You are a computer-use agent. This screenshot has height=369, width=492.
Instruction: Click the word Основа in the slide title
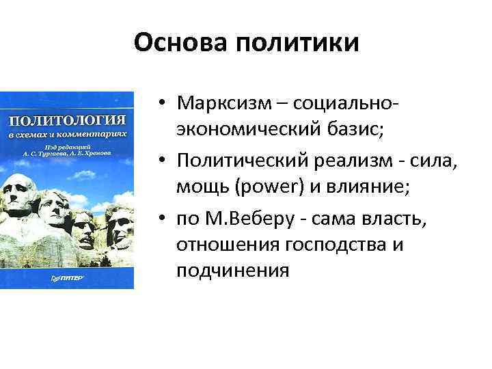[180, 43]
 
